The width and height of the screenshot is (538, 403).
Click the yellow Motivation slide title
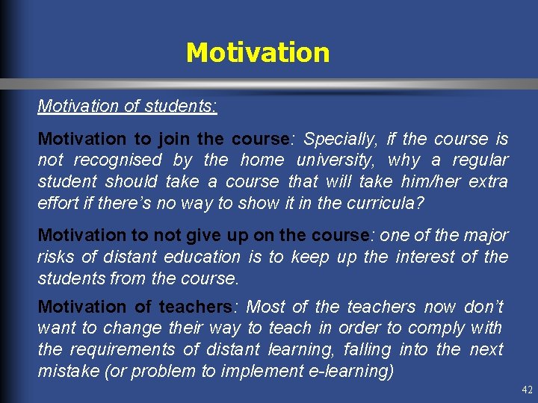[257, 53]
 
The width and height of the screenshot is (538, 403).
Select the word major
[485, 235]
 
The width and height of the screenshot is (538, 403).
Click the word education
[197, 257]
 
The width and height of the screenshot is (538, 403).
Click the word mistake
[69, 371]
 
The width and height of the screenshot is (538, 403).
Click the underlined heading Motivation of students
[128, 106]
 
